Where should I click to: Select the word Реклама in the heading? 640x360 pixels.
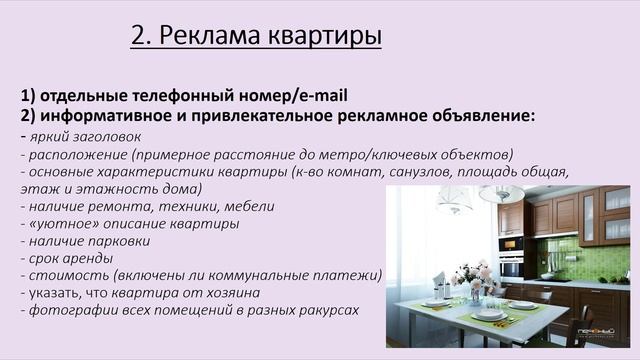211,37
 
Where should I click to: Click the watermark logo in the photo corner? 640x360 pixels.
602,348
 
